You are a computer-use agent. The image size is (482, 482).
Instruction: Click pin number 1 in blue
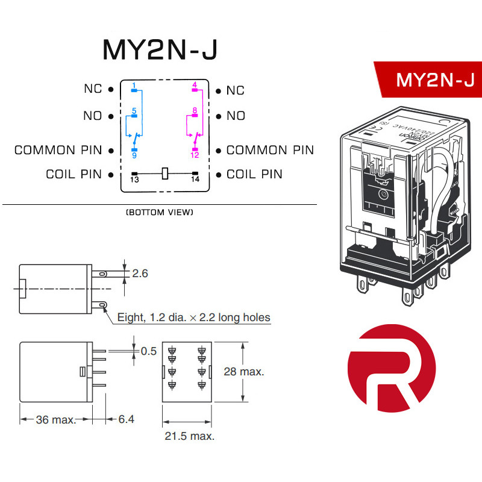[134, 84]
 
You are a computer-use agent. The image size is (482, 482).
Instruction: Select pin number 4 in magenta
[195, 84]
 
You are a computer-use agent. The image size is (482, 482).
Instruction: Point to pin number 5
[134, 111]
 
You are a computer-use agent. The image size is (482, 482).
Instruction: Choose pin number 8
[195, 111]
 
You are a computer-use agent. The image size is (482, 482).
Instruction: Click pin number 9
[134, 155]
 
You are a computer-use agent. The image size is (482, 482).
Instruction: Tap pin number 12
[195, 155]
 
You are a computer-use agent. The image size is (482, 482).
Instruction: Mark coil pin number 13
[134, 180]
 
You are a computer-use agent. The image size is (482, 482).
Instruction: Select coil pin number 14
[195, 180]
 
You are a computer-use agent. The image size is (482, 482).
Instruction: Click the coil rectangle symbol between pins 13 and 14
[164, 174]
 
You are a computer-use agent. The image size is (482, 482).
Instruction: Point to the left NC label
[93, 89]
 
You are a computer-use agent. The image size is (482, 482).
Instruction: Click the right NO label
[236, 116]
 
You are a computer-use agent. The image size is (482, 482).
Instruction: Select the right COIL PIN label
[254, 174]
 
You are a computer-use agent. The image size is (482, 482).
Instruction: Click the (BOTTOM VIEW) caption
[160, 213]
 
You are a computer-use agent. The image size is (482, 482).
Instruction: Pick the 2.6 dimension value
[139, 274]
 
